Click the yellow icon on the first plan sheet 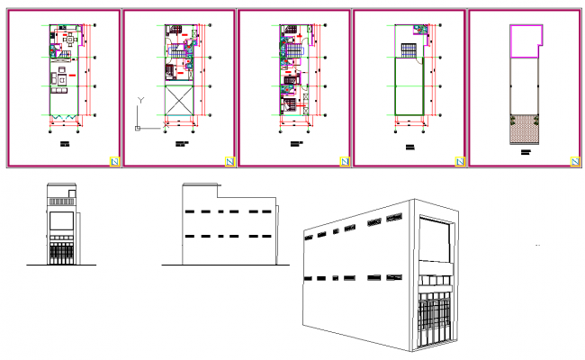(113, 160)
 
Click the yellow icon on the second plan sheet (229, 160)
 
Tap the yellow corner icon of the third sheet (344, 160)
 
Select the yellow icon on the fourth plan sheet (459, 160)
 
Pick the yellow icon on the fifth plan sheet (574, 160)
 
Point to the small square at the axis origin (137, 129)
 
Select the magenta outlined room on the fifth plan (525, 41)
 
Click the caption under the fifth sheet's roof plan (526, 154)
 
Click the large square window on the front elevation (62, 221)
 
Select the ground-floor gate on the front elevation (62, 253)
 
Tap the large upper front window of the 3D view (436, 242)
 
